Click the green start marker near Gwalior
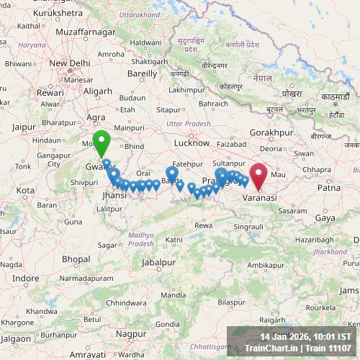tap(102, 143)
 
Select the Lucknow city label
tap(191, 143)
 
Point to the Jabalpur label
tap(158, 263)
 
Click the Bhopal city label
tap(76, 258)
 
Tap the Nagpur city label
tap(130, 333)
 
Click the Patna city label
tap(329, 187)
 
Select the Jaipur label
tap(24, 127)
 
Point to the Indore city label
tap(26, 278)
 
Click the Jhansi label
tap(114, 195)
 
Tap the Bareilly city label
tap(142, 73)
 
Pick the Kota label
tap(25, 190)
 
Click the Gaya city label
tap(325, 217)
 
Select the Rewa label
tap(204, 225)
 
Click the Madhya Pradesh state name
tap(141, 239)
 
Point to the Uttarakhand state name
tap(139, 14)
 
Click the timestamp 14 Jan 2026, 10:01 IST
tap(306, 336)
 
